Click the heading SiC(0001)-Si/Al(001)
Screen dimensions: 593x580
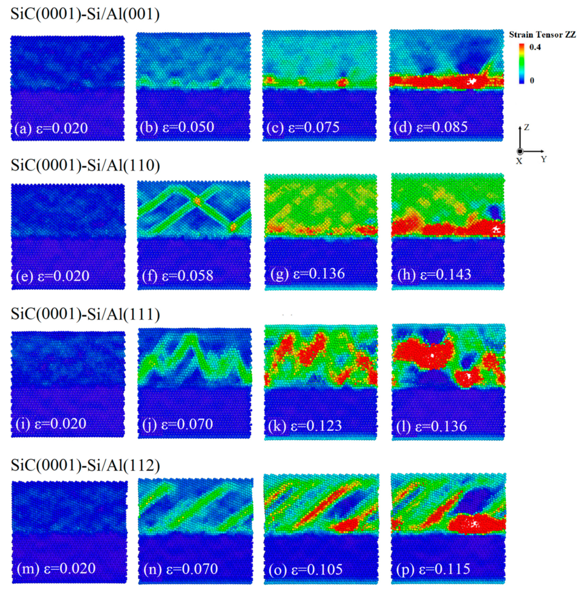pyautogui.click(x=85, y=15)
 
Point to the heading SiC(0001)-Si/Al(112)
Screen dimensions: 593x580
pyautogui.click(x=85, y=465)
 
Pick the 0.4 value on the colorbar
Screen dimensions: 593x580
pyautogui.click(x=535, y=47)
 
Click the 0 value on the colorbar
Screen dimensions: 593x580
pyautogui.click(x=532, y=81)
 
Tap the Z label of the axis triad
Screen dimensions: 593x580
pyautogui.click(x=527, y=128)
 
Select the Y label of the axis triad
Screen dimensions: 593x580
pyautogui.click(x=544, y=159)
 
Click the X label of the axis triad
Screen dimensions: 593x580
pyautogui.click(x=519, y=161)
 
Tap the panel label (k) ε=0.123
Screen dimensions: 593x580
pyautogui.click(x=305, y=426)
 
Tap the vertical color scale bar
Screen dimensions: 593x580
pyautogui.click(x=522, y=64)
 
